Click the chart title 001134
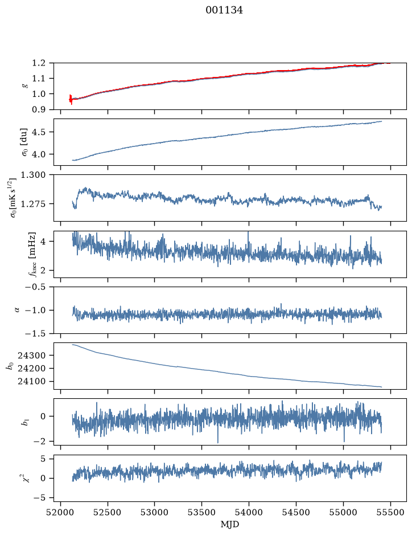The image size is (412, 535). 224,10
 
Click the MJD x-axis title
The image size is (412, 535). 230,524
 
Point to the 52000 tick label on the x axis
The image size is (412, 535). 61,512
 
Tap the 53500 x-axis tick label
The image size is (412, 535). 202,512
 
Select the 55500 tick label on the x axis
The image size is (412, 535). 390,512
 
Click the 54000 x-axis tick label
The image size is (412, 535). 249,512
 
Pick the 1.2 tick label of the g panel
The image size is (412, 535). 39,63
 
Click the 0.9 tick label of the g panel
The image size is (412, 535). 39,109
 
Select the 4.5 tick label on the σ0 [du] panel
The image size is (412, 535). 39,132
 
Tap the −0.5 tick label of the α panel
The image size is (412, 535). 35,287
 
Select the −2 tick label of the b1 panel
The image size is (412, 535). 39,442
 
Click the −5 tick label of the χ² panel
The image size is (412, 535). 39,498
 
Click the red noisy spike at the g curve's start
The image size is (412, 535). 71,99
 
